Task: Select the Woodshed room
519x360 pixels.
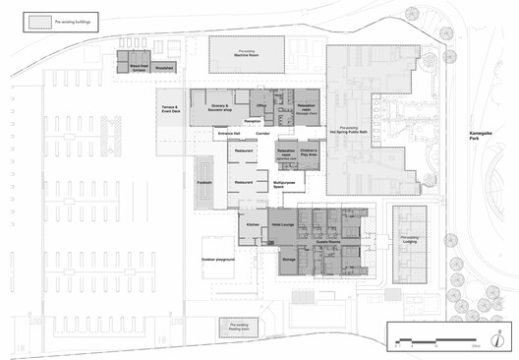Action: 164,68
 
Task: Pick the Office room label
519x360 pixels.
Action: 261,104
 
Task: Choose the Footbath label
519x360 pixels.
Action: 205,183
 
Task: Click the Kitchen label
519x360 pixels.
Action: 252,225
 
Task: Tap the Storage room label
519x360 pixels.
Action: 289,259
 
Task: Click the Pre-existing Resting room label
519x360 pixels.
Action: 237,327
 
